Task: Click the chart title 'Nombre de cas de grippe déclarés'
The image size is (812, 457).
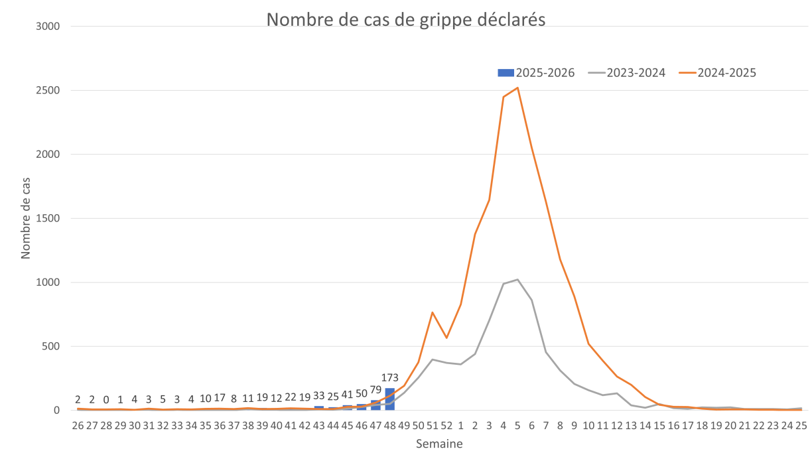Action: tap(405, 19)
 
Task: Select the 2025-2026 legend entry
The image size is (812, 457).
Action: tap(537, 73)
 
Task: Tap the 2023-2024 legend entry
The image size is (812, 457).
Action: tap(628, 73)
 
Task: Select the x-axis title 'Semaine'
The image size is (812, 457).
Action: tap(439, 444)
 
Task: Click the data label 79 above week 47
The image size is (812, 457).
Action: tap(376, 389)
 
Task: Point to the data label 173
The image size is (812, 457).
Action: tap(390, 378)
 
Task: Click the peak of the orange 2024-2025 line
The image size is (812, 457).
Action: tap(517, 88)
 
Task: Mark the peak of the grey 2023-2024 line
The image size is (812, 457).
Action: tap(517, 279)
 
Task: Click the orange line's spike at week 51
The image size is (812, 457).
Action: tap(433, 312)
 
